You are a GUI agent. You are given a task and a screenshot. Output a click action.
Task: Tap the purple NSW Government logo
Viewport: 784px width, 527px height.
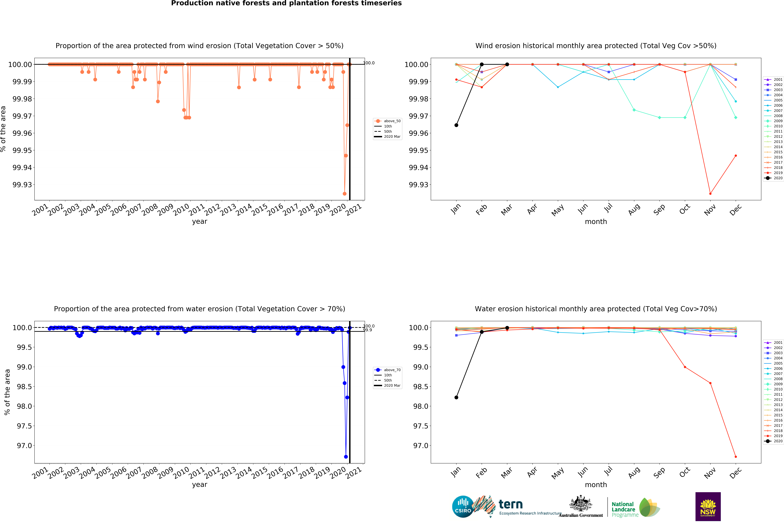click(708, 506)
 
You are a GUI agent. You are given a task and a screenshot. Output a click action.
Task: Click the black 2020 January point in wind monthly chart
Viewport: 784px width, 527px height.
click(456, 125)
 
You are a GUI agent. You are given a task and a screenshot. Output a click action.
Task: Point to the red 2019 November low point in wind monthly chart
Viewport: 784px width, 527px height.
click(710, 194)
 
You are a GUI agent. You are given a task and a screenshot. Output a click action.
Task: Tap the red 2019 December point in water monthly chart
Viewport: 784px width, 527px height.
click(736, 457)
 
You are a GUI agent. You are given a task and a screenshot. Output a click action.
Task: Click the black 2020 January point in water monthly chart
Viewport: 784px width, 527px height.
click(456, 397)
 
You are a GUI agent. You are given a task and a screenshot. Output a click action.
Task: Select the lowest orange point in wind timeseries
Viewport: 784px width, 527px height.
click(344, 194)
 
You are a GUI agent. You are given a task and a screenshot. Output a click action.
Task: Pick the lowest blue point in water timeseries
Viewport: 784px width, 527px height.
click(346, 457)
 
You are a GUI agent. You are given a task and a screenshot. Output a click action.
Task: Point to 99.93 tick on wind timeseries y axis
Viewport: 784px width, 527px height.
click(22, 185)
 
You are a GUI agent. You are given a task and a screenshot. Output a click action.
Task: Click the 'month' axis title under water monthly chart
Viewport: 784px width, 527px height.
click(596, 485)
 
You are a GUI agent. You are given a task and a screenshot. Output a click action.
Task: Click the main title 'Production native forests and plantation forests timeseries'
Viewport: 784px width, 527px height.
click(286, 3)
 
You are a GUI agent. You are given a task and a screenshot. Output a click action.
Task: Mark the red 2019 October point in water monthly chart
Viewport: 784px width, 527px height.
click(685, 367)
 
